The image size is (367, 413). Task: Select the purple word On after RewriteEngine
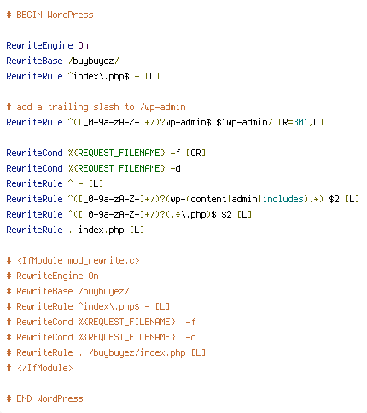[83, 45]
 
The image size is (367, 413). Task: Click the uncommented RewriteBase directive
[34, 61]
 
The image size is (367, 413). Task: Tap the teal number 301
[300, 122]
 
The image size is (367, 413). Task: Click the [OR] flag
[195, 153]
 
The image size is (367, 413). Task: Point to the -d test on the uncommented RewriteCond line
[175, 168]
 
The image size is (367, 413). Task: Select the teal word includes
[283, 199]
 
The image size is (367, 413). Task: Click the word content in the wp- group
[208, 199]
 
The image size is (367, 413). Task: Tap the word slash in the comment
[106, 107]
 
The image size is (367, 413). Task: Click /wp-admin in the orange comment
[163, 107]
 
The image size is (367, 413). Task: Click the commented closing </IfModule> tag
[45, 368]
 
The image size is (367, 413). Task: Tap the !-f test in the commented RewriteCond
[189, 322]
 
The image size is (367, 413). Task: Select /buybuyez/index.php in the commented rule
[137, 352]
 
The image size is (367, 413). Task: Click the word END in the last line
[24, 398]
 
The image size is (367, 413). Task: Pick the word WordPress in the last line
[60, 398]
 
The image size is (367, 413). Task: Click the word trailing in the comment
[68, 107]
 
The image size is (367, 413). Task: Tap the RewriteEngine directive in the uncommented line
[39, 45]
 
